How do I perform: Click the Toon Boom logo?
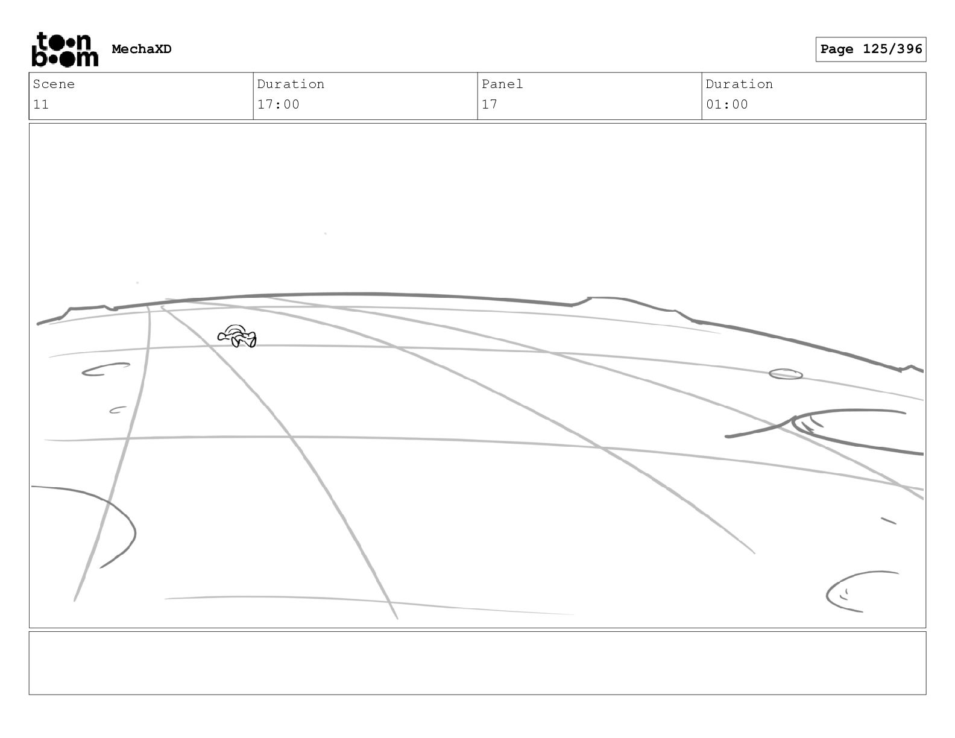coord(65,49)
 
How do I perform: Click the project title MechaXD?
coord(142,49)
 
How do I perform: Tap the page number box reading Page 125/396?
coord(871,49)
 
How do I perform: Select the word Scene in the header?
coord(54,84)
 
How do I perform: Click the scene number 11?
coord(40,104)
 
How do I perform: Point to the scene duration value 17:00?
coord(278,104)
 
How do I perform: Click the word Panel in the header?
coord(502,84)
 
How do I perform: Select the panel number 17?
coord(489,104)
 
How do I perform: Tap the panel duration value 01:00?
coord(726,104)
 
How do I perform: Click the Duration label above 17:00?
coord(291,84)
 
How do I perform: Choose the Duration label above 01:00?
coord(739,84)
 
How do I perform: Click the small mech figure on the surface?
coord(238,336)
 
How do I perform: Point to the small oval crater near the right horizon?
coord(786,374)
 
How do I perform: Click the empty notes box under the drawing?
coord(477,663)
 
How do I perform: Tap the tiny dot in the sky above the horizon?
coord(326,233)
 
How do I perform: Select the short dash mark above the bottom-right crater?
coord(889,520)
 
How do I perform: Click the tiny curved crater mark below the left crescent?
coord(118,411)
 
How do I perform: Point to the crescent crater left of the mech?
coord(105,369)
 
